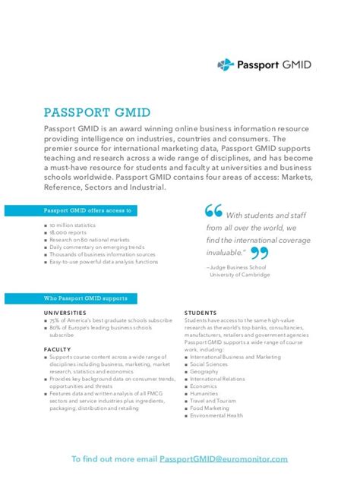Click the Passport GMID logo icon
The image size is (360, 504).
pyautogui.click(x=225, y=65)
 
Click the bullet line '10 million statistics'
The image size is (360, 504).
pyautogui.click(x=75, y=226)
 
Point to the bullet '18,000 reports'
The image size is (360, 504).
pyautogui.click(x=68, y=233)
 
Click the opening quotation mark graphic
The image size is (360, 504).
pyautogui.click(x=213, y=212)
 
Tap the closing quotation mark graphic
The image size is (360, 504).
pyautogui.click(x=259, y=253)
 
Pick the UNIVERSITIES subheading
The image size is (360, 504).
pyautogui.click(x=71, y=312)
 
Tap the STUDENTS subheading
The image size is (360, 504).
pyautogui.click(x=201, y=312)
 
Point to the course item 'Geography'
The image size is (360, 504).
pyautogui.click(x=205, y=371)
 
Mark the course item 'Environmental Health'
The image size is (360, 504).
pyautogui.click(x=216, y=415)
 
